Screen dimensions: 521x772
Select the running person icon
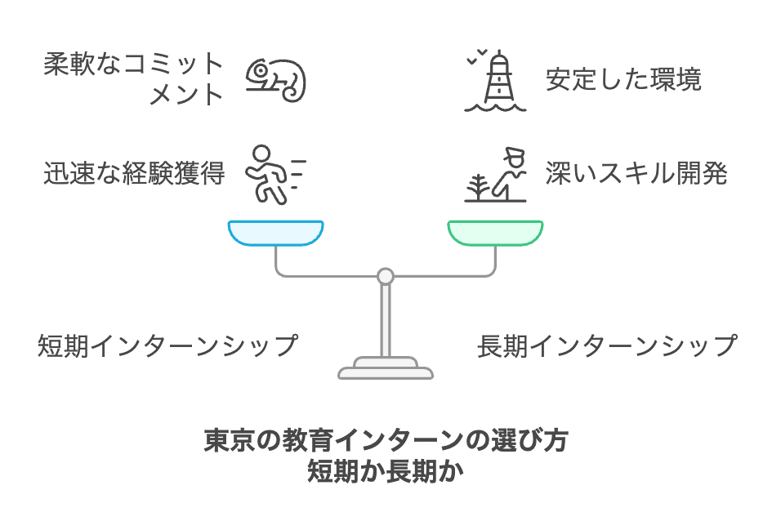coord(270,174)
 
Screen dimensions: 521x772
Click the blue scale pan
coord(275,233)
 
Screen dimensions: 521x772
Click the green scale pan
coord(495,233)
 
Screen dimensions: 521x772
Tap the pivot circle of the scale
coord(386,276)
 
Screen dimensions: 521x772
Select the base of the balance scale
coord(386,370)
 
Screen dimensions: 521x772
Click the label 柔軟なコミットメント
coord(134,79)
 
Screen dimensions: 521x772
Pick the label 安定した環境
coord(624,79)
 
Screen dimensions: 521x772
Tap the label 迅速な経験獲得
coord(134,173)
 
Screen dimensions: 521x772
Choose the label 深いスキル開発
coord(636,173)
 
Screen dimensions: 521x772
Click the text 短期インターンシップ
coord(167,345)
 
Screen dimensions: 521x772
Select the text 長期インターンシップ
coord(607,345)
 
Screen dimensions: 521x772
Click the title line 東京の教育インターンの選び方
coord(386,442)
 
